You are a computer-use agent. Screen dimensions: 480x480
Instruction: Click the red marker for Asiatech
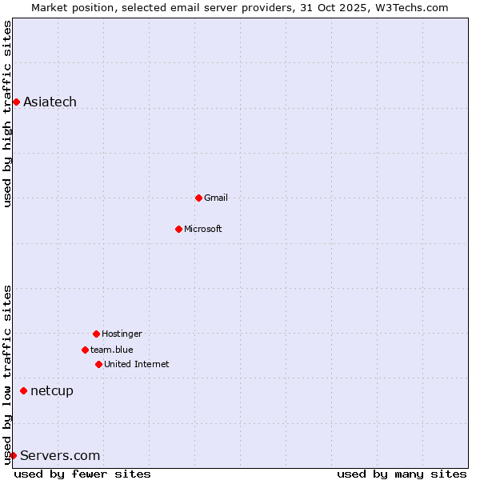tap(16, 102)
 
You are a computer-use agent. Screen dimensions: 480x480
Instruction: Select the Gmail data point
tap(198, 198)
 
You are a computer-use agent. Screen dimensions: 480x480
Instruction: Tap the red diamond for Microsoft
tap(178, 229)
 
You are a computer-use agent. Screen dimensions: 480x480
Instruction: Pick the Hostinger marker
tap(96, 334)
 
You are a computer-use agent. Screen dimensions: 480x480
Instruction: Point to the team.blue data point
tap(85, 350)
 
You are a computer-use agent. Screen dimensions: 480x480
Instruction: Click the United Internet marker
tap(98, 364)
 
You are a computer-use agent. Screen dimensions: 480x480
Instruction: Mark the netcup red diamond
tap(23, 390)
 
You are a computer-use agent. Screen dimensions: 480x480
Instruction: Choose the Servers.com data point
tap(13, 455)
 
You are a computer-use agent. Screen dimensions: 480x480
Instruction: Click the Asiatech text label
tap(50, 102)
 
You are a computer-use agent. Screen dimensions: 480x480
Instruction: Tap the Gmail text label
tap(216, 198)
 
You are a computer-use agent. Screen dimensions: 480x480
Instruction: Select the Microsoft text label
tap(203, 229)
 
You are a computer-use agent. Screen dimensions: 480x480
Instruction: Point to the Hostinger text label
tap(122, 334)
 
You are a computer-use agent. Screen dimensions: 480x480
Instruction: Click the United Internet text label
tap(137, 364)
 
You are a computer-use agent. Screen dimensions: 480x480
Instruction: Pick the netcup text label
tap(52, 390)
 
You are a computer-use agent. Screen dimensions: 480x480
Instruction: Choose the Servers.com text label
tap(60, 455)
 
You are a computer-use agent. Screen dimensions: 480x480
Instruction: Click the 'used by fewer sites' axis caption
tap(82, 474)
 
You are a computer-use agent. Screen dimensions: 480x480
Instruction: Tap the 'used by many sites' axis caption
tap(402, 474)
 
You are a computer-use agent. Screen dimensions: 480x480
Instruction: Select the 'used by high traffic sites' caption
tap(7, 114)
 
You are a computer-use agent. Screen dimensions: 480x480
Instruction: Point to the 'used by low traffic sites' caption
tap(7, 374)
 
